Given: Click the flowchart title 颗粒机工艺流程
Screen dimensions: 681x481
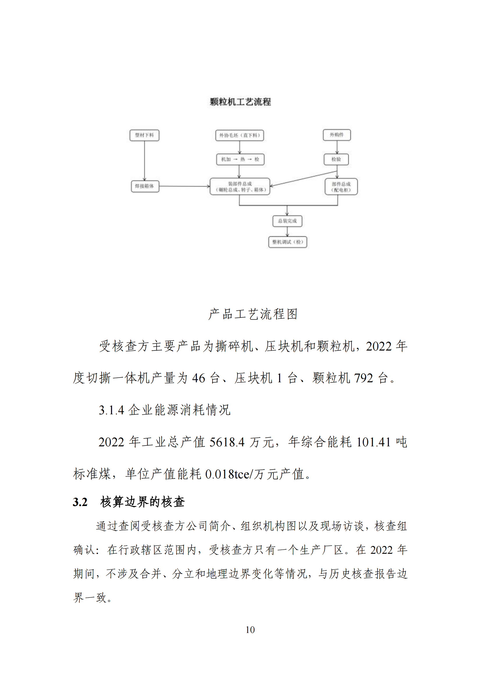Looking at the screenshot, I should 240,102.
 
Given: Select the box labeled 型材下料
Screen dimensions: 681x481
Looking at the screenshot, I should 144,135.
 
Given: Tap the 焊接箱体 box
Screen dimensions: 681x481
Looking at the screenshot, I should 145,186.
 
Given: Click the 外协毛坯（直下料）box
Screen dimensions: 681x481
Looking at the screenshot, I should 239,135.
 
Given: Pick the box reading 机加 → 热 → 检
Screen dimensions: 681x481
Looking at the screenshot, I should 240,159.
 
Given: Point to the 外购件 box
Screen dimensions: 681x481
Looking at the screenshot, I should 337,135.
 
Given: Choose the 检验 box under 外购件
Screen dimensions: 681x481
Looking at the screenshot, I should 336,159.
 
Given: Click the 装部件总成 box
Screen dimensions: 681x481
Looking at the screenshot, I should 240,187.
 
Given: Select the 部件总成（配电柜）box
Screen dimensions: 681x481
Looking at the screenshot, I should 341,187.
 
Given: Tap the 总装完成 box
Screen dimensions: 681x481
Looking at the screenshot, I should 287,221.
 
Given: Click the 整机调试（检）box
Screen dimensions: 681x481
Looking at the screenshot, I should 287,242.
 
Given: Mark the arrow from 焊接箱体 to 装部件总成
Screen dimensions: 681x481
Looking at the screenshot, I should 184,186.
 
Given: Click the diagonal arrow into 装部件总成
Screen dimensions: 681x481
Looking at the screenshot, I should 303,178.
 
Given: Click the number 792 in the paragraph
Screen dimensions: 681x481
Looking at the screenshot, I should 364,378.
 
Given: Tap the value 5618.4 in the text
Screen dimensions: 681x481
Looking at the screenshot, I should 227,442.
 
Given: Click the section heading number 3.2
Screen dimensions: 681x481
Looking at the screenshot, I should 80,502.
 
